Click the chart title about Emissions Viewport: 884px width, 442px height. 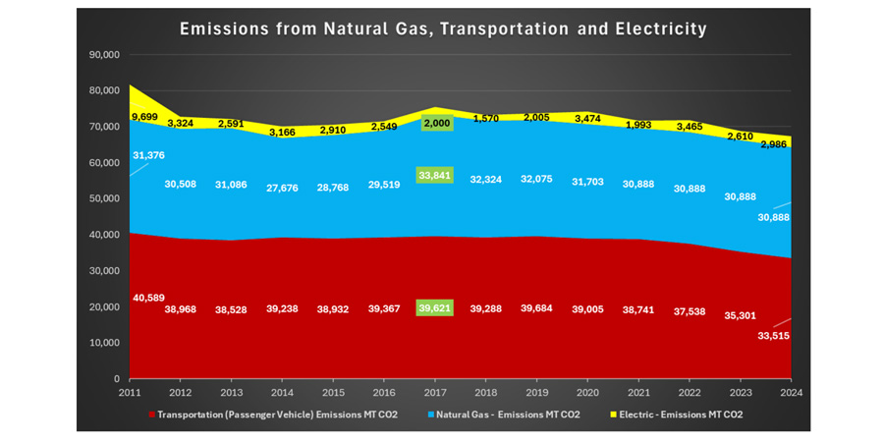[443, 28]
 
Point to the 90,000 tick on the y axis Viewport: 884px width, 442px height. [103, 54]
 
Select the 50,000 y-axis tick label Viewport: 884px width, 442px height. [103, 198]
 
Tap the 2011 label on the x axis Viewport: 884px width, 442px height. [129, 392]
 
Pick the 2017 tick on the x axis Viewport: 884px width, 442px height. [435, 392]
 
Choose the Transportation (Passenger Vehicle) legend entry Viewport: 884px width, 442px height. [275, 414]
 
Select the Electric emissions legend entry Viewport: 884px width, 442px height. [676, 414]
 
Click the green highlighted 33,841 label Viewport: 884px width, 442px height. [435, 175]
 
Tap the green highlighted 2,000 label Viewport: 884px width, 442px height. [435, 123]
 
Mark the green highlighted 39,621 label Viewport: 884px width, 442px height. [435, 307]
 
